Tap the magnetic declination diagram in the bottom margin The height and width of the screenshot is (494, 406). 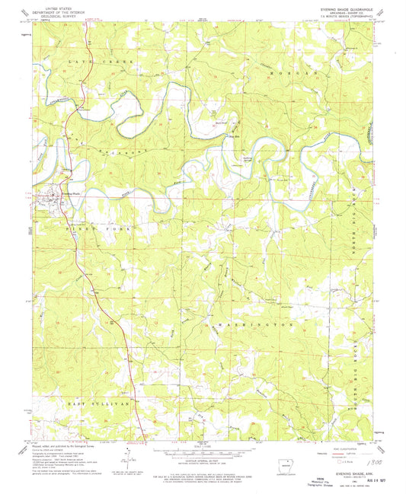[126, 454]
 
